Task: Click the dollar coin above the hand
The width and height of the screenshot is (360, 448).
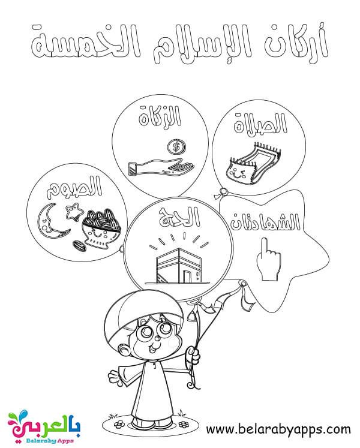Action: click(176, 148)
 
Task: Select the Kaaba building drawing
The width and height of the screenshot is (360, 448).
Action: click(178, 266)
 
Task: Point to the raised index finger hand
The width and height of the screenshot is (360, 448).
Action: click(268, 258)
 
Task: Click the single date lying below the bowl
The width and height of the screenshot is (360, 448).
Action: click(79, 246)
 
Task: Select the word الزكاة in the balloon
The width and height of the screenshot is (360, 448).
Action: click(160, 116)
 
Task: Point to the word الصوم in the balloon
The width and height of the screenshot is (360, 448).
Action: click(74, 187)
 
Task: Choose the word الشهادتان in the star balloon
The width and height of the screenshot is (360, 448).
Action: click(266, 221)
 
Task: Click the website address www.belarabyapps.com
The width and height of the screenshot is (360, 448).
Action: click(278, 429)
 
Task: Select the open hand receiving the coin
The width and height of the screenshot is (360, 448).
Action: click(161, 167)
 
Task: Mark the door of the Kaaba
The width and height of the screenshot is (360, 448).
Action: click(187, 276)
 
